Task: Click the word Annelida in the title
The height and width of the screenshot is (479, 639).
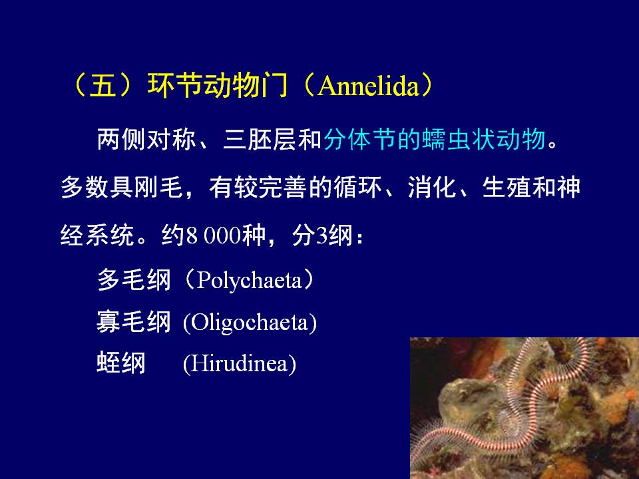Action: coord(367,86)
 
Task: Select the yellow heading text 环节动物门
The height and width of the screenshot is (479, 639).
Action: coord(218,86)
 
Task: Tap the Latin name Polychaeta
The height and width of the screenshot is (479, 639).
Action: coord(248,280)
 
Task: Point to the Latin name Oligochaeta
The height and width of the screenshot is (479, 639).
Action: coord(250,323)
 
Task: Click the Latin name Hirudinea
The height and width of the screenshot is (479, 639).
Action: coord(240,363)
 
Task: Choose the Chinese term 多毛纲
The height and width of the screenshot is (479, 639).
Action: coord(134,280)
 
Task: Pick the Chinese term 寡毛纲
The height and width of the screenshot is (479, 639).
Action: coord(134,322)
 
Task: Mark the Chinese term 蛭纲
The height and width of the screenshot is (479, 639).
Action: coord(121,363)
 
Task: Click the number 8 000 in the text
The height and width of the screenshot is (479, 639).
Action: coord(213,235)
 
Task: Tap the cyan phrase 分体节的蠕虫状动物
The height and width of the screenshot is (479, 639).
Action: coord(435,139)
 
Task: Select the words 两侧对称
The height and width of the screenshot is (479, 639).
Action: coord(146,139)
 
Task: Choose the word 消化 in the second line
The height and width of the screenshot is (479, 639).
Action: coord(432,188)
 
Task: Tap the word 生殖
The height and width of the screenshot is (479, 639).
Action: coord(507,188)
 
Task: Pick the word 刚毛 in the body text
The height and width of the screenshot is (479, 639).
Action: coord(158,188)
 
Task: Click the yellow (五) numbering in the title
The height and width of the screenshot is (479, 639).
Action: coord(103,86)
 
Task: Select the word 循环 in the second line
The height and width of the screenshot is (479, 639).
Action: coord(358,188)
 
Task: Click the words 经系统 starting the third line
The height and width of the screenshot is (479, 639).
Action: coord(97,235)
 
